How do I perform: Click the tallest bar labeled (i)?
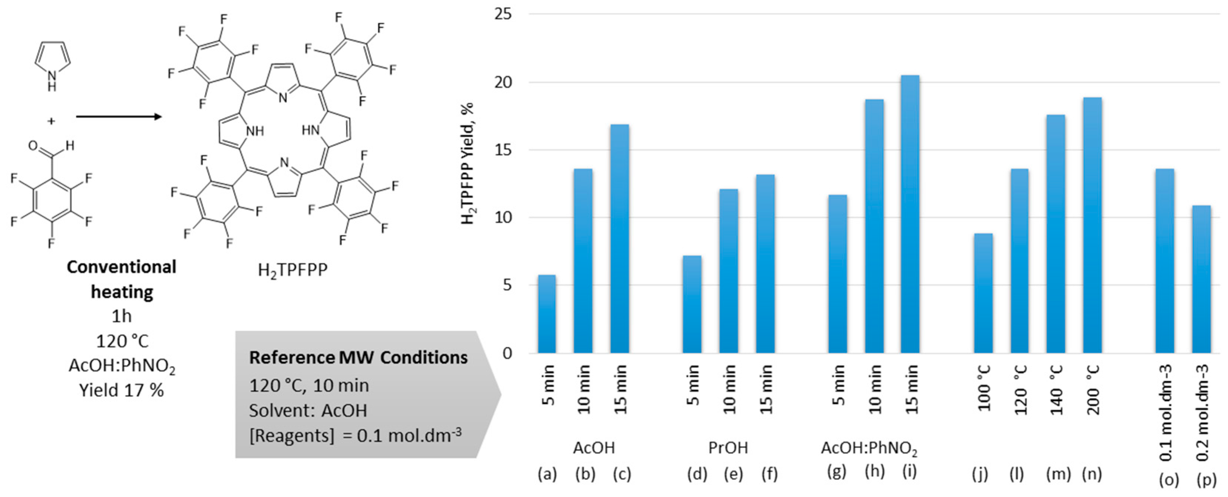910,215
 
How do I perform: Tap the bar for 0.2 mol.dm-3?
1201,279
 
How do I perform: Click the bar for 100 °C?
983,293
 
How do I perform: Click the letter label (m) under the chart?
1058,474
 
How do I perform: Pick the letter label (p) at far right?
1206,479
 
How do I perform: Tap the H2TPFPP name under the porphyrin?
292,270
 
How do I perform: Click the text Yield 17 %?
122,390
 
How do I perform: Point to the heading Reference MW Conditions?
358,357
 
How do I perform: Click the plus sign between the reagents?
51,121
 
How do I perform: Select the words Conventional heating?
122,279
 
